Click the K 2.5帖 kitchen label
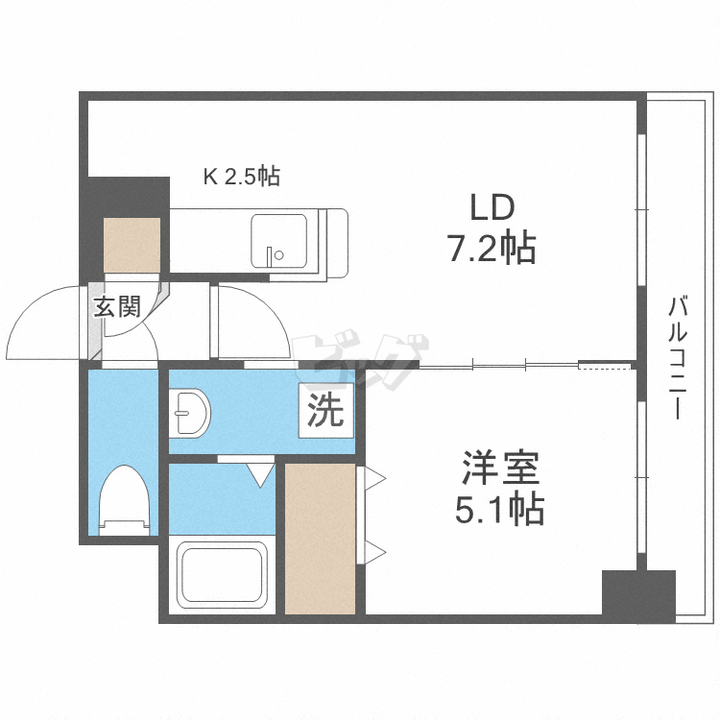(x=241, y=177)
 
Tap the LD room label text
(x=491, y=206)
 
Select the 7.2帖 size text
(x=491, y=250)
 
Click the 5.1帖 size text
(x=499, y=509)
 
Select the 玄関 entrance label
(x=117, y=307)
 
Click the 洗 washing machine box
(x=325, y=413)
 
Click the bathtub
(x=222, y=576)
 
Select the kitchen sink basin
(x=279, y=240)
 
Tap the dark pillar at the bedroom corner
(x=625, y=593)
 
